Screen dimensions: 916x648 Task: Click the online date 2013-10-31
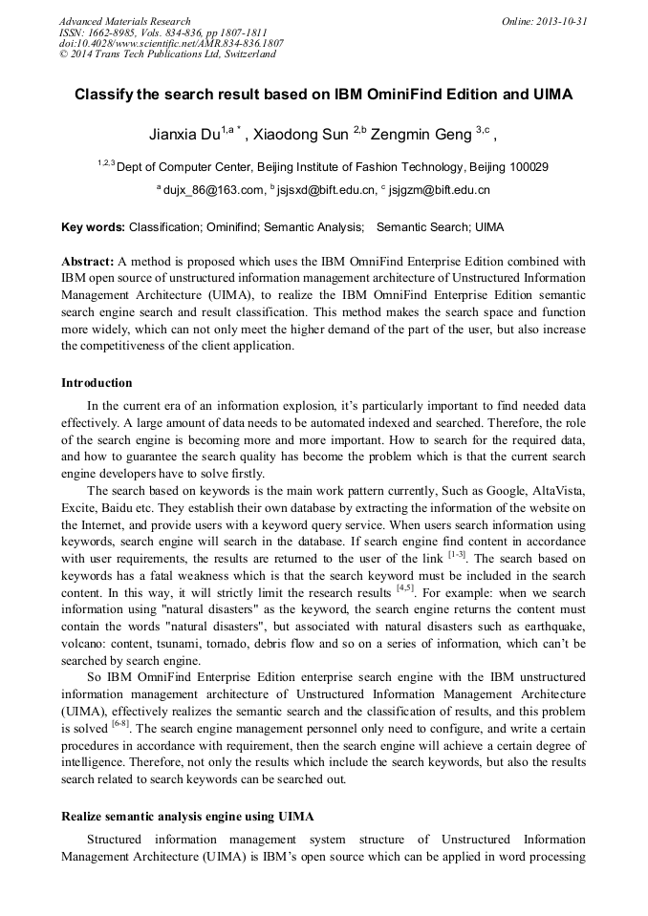click(x=561, y=21)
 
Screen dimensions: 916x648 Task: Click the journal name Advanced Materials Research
click(x=124, y=21)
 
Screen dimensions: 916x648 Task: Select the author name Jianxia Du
click(x=184, y=134)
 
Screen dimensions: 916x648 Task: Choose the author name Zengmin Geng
click(x=420, y=134)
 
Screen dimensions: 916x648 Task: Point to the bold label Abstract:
click(x=87, y=261)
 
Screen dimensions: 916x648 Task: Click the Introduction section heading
click(x=97, y=383)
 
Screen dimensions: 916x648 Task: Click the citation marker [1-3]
click(x=458, y=555)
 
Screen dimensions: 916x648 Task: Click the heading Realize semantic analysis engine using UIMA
click(x=187, y=817)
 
